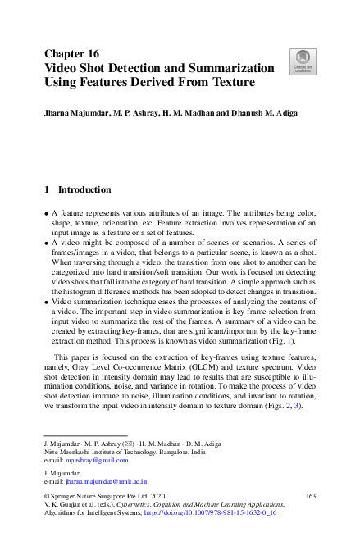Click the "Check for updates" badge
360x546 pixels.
pyautogui.click(x=302, y=60)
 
